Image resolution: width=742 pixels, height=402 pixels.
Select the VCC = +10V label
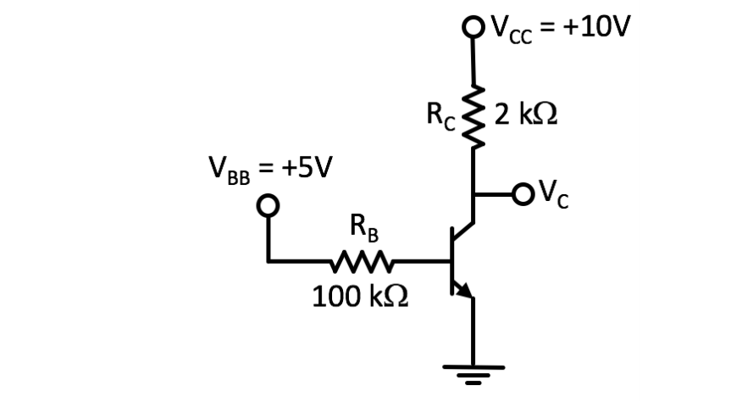[x=559, y=28]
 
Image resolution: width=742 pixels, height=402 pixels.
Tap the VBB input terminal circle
[x=269, y=205]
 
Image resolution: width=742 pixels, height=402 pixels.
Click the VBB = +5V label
[x=270, y=167]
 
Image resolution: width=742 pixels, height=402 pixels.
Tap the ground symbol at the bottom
[x=473, y=371]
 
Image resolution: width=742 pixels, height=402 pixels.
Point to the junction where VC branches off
[x=473, y=194]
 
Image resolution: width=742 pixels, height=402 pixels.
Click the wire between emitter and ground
[x=473, y=331]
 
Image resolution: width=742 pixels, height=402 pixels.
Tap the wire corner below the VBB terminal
[x=269, y=260]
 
